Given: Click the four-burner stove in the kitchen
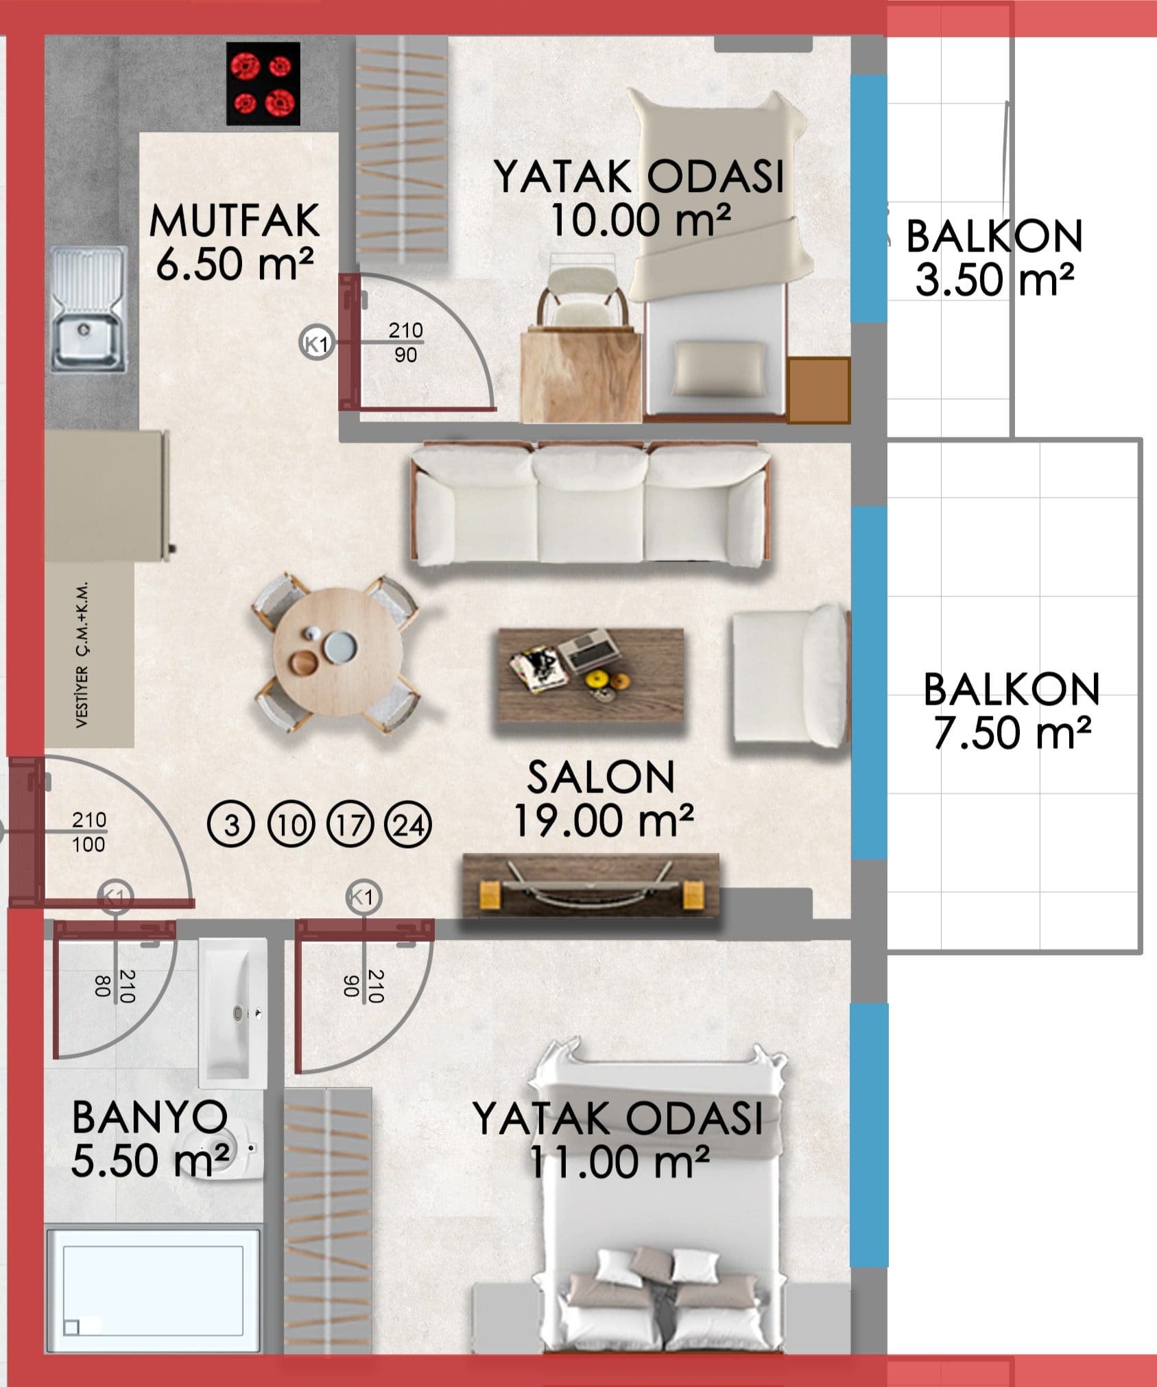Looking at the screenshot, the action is [263, 84].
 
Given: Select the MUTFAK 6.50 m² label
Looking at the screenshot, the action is [235, 242].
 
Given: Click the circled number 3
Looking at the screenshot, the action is [231, 825].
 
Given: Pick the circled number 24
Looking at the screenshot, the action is [408, 825].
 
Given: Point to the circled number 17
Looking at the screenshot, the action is [350, 825].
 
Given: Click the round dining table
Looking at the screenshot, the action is [337, 652].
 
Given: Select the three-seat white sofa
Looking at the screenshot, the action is [589, 504].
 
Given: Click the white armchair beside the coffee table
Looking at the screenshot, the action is [789, 675].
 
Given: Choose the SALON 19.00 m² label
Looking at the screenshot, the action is [603, 799].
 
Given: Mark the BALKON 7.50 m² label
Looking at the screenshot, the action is [1012, 711].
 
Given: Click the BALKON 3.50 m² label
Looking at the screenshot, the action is [994, 258].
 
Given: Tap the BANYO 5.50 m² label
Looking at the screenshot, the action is [150, 1139].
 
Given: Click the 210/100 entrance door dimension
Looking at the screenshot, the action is [89, 832].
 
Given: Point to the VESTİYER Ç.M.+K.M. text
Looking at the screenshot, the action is [82, 655].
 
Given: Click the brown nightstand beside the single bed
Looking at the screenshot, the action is [818, 390].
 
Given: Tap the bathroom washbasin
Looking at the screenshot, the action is [232, 1013].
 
